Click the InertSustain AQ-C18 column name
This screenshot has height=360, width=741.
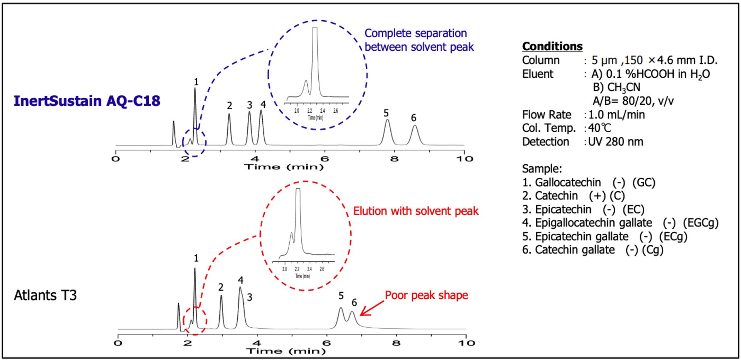(x=87, y=101)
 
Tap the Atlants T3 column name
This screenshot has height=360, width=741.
(x=45, y=295)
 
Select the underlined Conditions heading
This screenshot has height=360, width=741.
(x=552, y=46)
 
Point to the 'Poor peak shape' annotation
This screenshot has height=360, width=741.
(x=426, y=295)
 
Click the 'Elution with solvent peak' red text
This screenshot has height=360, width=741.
(x=415, y=211)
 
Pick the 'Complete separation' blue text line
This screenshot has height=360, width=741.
(x=415, y=33)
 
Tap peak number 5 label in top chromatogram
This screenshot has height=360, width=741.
(x=386, y=113)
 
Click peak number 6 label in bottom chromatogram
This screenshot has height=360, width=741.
(x=354, y=302)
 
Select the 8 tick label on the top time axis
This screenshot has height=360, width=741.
(x=394, y=159)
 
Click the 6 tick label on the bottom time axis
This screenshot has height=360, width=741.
(x=326, y=343)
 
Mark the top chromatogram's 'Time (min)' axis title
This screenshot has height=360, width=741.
(x=284, y=167)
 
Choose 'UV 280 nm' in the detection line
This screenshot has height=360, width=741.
(x=615, y=142)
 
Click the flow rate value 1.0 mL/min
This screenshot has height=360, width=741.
(x=616, y=115)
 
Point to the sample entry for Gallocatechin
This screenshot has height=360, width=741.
(x=588, y=182)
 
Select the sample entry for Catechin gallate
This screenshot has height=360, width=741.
(x=592, y=250)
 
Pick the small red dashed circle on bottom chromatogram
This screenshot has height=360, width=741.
(x=195, y=321)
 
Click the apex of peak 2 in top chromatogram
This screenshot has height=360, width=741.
(x=229, y=114)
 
